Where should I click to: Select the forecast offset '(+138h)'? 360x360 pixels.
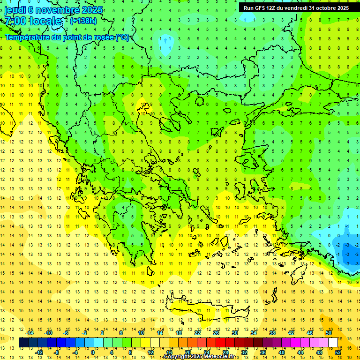(83, 21)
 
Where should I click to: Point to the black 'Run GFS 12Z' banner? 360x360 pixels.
(296, 8)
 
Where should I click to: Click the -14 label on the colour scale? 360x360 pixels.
(30, 332)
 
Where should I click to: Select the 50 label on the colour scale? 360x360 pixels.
(328, 332)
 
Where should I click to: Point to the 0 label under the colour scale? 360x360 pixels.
(92, 352)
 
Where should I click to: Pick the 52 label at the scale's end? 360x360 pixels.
(338, 352)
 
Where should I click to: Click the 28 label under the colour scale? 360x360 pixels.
(225, 352)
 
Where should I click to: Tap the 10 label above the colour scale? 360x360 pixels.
(141, 332)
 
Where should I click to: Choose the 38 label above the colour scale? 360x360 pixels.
(272, 332)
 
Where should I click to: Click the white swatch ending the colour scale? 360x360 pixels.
(333, 342)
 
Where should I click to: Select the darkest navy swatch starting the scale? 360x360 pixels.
(23, 342)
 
